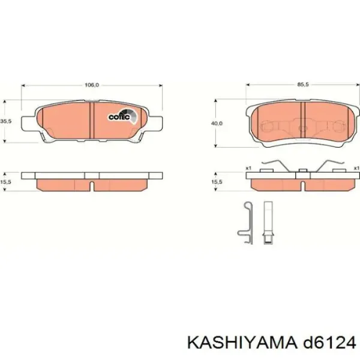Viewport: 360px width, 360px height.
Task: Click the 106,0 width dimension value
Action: [92, 85]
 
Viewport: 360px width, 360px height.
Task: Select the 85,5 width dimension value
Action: [303, 85]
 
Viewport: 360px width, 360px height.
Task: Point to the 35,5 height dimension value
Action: [6, 121]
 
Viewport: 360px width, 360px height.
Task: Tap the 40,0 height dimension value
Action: [217, 124]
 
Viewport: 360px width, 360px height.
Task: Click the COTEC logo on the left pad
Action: [122, 116]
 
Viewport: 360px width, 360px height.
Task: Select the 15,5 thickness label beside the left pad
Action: [6, 182]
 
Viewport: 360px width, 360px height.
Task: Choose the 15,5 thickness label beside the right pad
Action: [217, 182]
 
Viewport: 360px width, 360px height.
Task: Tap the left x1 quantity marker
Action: [248, 168]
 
